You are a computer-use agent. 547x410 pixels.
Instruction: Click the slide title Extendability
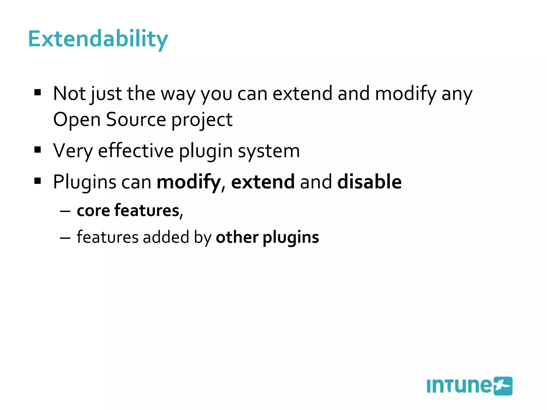[98, 40]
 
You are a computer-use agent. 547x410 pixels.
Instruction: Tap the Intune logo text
[459, 386]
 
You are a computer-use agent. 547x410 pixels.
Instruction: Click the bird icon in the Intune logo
[503, 386]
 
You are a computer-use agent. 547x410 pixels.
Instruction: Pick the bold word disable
[369, 182]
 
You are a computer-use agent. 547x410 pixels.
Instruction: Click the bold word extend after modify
[263, 182]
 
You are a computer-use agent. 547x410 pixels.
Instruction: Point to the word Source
[136, 120]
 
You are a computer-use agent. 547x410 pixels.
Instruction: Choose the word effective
[136, 151]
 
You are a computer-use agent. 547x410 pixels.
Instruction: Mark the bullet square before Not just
[38, 93]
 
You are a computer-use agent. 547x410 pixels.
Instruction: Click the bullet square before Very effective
[38, 150]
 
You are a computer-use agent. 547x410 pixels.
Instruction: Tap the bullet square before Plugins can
[38, 181]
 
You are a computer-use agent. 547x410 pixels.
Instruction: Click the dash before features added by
[65, 238]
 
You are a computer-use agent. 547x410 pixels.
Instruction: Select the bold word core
[93, 211]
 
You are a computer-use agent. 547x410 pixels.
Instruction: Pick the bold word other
[237, 237]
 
